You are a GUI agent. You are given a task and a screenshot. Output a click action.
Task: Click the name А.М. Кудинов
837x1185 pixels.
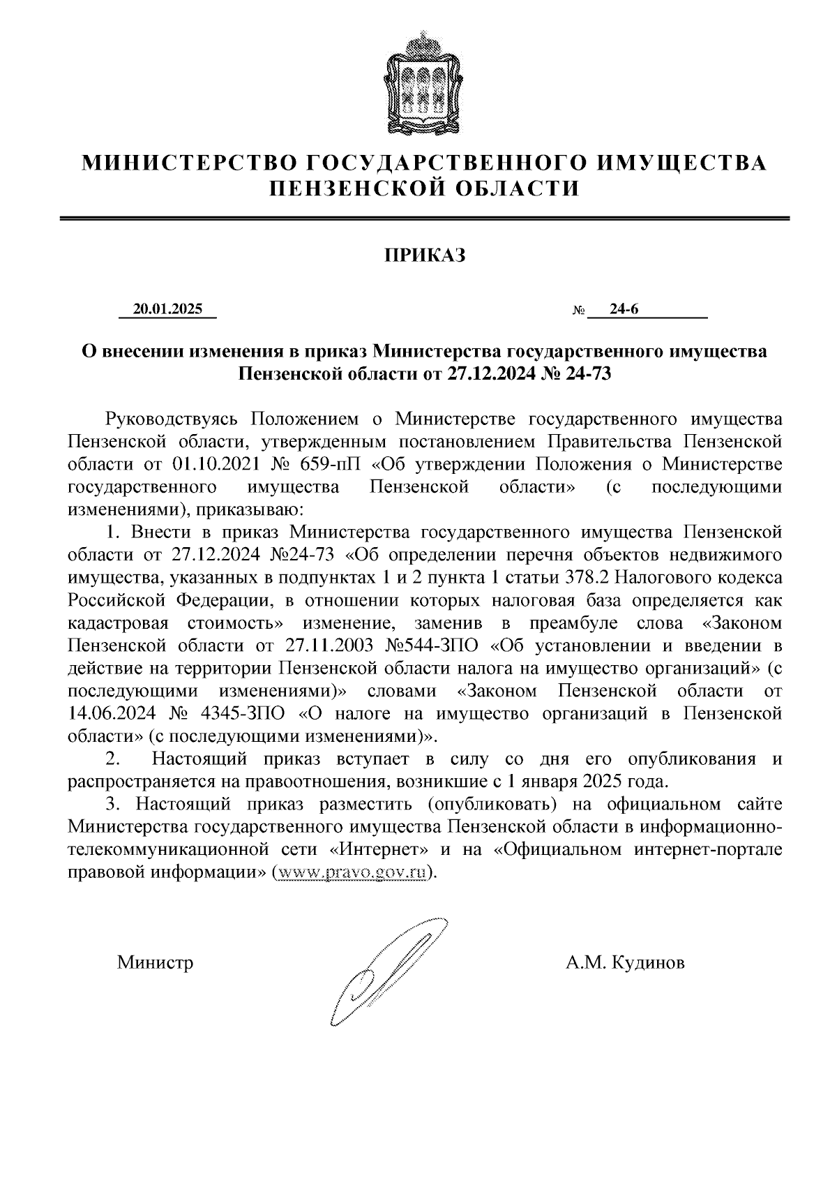point(625,963)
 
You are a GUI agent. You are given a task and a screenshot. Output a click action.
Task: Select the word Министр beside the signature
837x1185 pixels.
point(155,963)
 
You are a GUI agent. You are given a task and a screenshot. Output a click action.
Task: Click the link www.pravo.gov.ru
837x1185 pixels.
point(351,873)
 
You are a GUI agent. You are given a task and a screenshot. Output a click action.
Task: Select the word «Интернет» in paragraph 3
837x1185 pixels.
point(379,850)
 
